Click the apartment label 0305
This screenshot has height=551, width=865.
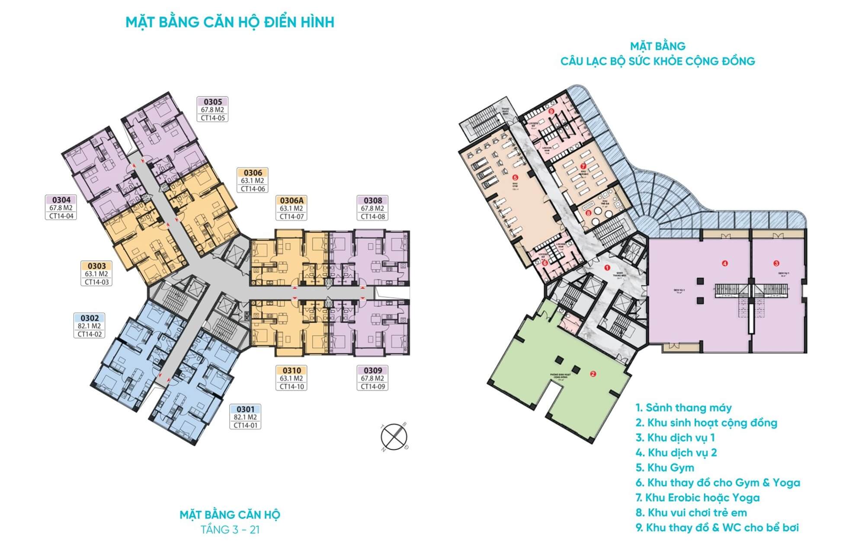click(212, 102)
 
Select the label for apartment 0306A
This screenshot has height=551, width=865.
click(292, 200)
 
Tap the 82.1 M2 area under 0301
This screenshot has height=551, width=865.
click(245, 417)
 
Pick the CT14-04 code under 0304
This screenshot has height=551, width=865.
click(61, 216)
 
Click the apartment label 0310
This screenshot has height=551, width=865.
click(292, 371)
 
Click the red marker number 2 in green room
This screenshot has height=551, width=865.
click(593, 374)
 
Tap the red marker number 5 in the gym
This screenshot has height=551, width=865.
click(514, 177)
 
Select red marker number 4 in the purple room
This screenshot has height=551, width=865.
click(724, 263)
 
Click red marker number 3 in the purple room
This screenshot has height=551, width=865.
click(776, 263)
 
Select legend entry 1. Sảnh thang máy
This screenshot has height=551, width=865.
click(684, 407)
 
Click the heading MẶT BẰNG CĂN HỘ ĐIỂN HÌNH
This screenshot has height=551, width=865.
click(230, 22)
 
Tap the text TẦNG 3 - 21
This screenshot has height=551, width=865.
click(230, 529)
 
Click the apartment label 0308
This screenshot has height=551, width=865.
click(373, 200)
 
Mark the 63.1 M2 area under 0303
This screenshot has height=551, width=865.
click(96, 274)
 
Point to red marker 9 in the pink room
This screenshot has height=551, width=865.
click(551, 111)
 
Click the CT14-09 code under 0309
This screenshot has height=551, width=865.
click(373, 386)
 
